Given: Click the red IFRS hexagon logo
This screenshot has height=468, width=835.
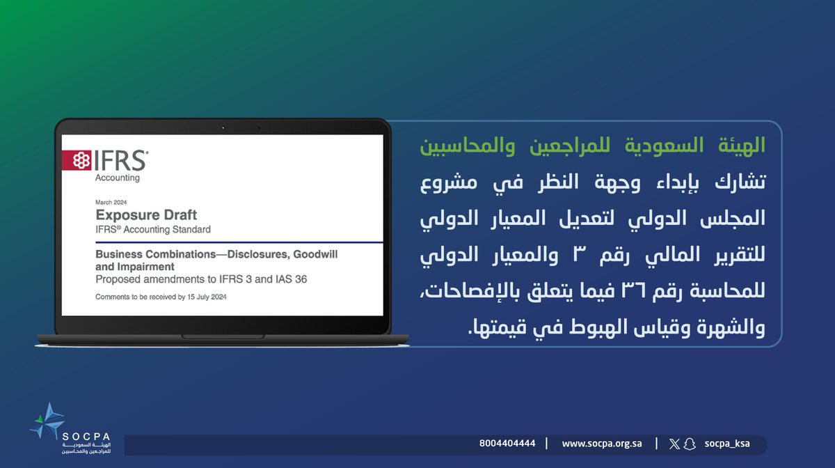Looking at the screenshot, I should pyautogui.click(x=78, y=161).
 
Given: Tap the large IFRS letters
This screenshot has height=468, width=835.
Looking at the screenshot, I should pyautogui.click(x=121, y=161).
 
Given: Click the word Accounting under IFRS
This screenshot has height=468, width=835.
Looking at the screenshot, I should pyautogui.click(x=118, y=178).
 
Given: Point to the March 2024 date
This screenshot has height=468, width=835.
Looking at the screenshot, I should pyautogui.click(x=111, y=202).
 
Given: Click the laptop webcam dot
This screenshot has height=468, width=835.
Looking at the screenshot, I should pyautogui.click(x=223, y=127).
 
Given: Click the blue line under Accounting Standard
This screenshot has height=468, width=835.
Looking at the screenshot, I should pyautogui.click(x=223, y=242).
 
